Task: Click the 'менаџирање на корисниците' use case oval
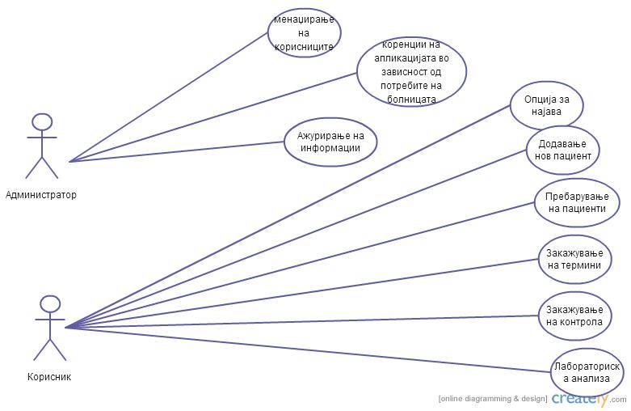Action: click(305, 33)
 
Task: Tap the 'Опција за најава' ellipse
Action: click(547, 105)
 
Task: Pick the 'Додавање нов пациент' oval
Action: click(562, 149)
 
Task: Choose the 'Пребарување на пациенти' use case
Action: click(577, 202)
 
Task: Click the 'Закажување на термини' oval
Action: click(574, 259)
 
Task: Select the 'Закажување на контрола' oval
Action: click(574, 316)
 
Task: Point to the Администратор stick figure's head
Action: click(42, 121)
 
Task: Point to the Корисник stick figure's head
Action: click(50, 304)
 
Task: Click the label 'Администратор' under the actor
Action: click(41, 195)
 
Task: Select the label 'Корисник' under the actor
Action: click(49, 376)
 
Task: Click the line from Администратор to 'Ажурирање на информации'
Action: click(178, 151)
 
